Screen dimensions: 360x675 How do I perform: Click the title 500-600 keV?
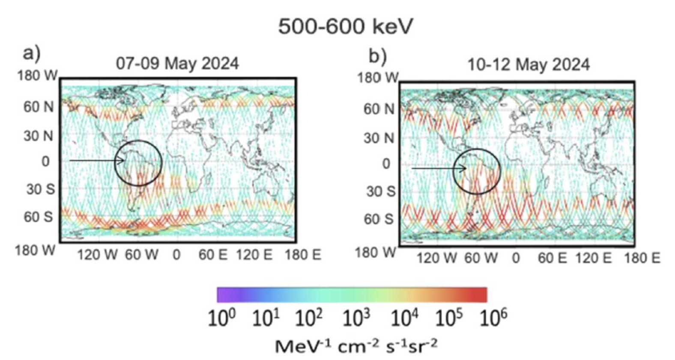coord(345,27)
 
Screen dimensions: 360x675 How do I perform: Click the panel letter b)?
coord(377,56)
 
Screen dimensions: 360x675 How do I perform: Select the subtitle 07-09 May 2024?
coord(177,63)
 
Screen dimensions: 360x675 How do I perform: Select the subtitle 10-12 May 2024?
coord(528,65)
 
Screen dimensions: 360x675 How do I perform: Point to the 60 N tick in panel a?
coord(38,107)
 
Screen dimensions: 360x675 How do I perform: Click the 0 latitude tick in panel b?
coord(386,164)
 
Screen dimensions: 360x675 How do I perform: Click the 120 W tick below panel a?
coord(97,255)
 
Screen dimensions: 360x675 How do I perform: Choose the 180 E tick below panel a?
coord(303,255)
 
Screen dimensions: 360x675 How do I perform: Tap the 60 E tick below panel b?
coord(552,258)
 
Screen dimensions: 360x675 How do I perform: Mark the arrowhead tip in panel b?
coord(466,168)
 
